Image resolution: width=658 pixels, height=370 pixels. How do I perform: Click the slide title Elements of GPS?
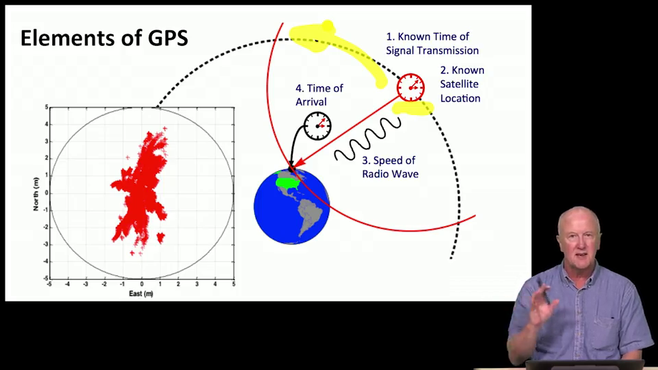coord(104,38)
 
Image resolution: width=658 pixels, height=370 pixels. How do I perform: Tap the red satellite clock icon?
coord(411,88)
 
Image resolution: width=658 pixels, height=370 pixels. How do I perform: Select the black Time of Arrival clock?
coord(317,126)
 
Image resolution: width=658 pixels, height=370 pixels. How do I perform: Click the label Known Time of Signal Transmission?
coord(432,44)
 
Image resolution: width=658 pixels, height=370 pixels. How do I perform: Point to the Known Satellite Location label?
coord(461,84)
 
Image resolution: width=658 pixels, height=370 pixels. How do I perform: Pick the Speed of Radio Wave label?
coord(390,167)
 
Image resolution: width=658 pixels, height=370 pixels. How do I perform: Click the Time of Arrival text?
coord(319,95)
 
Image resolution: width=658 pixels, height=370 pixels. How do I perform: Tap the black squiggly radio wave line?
coord(367,139)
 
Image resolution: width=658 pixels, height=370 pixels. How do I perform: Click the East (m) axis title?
coord(141,294)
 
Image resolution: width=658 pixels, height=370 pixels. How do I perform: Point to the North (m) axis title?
coord(36,194)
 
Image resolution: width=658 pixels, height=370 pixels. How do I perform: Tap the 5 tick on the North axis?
coord(46,108)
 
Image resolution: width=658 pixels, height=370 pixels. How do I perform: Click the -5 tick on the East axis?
coord(49,284)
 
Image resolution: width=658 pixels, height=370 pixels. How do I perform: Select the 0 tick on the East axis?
coord(142,284)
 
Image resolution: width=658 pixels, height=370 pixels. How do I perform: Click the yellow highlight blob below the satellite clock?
coord(412,109)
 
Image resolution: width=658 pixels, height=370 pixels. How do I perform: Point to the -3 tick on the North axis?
coord(46,245)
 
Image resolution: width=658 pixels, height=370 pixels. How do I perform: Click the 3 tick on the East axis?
coord(197,284)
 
